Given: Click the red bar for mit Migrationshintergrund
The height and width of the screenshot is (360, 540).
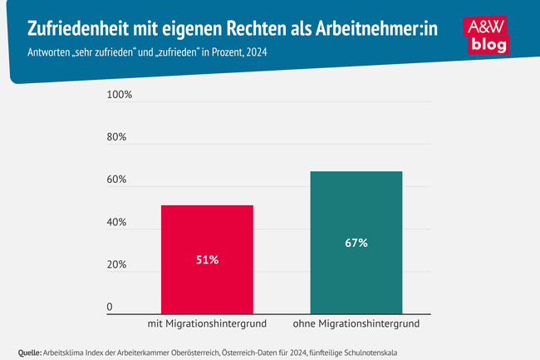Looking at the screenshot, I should point(207,233).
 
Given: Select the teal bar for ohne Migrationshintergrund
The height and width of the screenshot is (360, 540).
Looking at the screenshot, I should point(356,216).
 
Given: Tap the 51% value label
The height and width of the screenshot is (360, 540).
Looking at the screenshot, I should point(207,260).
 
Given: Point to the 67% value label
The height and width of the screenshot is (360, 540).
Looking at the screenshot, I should point(356,244).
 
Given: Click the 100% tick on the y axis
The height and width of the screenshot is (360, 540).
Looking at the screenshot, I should point(120,95).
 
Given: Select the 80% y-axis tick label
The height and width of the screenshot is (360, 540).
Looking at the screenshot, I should point(116,137).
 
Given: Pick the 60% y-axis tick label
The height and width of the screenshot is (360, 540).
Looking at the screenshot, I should point(116,180).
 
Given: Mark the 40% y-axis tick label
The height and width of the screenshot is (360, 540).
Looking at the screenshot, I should point(116,223).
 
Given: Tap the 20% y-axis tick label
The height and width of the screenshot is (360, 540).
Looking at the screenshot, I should point(116,265).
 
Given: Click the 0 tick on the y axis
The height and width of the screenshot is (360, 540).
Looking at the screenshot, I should point(109,308).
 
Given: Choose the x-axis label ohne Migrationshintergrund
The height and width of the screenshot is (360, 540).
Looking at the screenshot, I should point(356,323).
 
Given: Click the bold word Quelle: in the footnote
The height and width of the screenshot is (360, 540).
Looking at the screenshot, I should point(29,353).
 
